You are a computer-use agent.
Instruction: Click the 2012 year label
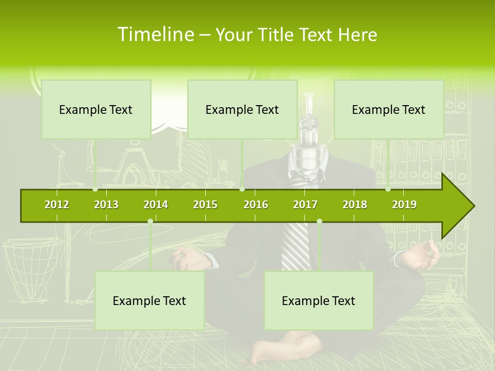point(57,205)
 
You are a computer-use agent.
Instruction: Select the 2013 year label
point(106,205)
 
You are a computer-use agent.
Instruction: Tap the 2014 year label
point(156,205)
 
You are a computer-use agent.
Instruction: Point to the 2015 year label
point(205,205)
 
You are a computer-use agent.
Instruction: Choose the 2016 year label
point(256,205)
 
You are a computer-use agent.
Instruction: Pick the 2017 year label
point(305,205)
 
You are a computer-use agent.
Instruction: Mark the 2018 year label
point(355,205)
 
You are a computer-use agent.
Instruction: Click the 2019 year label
point(404,205)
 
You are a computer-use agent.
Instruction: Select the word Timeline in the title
point(155,35)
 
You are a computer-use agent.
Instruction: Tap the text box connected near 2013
point(96,109)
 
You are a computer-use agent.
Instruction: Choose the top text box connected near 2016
point(242,109)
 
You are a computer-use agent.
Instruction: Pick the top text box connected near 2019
point(389,109)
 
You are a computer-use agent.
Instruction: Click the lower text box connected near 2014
point(150,300)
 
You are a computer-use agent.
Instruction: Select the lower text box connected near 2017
point(319,300)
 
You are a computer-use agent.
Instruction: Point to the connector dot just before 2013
point(95,190)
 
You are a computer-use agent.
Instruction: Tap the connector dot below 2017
point(319,221)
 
